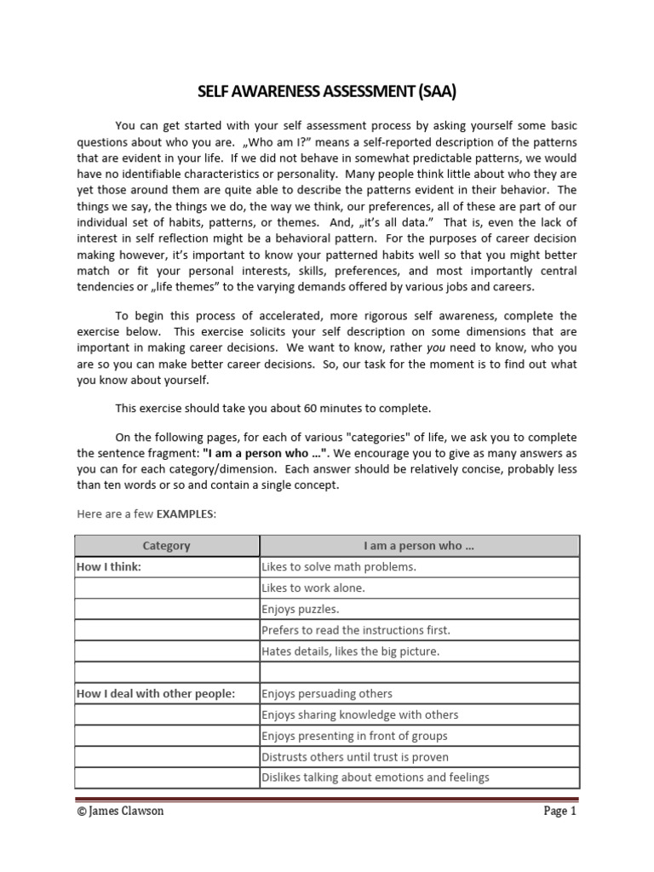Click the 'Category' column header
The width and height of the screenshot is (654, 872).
tap(167, 546)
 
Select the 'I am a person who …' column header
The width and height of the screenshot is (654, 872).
tap(419, 546)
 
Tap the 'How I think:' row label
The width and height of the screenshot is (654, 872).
tap(110, 567)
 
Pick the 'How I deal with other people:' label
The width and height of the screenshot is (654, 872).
tap(156, 694)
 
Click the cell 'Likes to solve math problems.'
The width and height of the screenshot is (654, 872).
tap(338, 567)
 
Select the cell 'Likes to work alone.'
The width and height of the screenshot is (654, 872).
tap(313, 588)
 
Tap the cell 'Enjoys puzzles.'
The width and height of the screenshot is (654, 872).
tap(300, 610)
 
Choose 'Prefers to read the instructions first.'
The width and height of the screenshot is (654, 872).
tap(356, 631)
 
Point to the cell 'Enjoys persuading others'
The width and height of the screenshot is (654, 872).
tap(327, 694)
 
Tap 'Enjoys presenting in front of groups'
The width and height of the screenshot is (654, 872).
tap(354, 736)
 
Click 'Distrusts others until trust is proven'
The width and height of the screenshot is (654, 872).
tap(355, 757)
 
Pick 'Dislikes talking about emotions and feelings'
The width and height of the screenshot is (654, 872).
tap(376, 777)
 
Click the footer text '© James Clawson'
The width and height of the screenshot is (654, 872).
tap(120, 812)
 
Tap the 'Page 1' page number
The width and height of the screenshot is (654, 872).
tap(560, 812)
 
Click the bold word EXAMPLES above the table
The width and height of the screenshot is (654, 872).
tap(182, 515)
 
